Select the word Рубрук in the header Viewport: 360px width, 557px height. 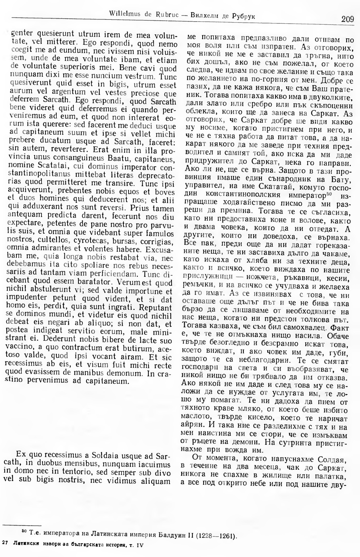tap(244, 16)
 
